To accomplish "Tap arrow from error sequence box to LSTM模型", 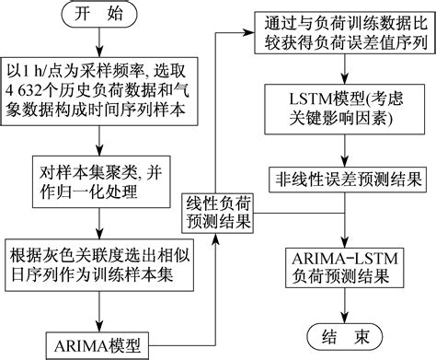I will pyautogui.click(x=341, y=74).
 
